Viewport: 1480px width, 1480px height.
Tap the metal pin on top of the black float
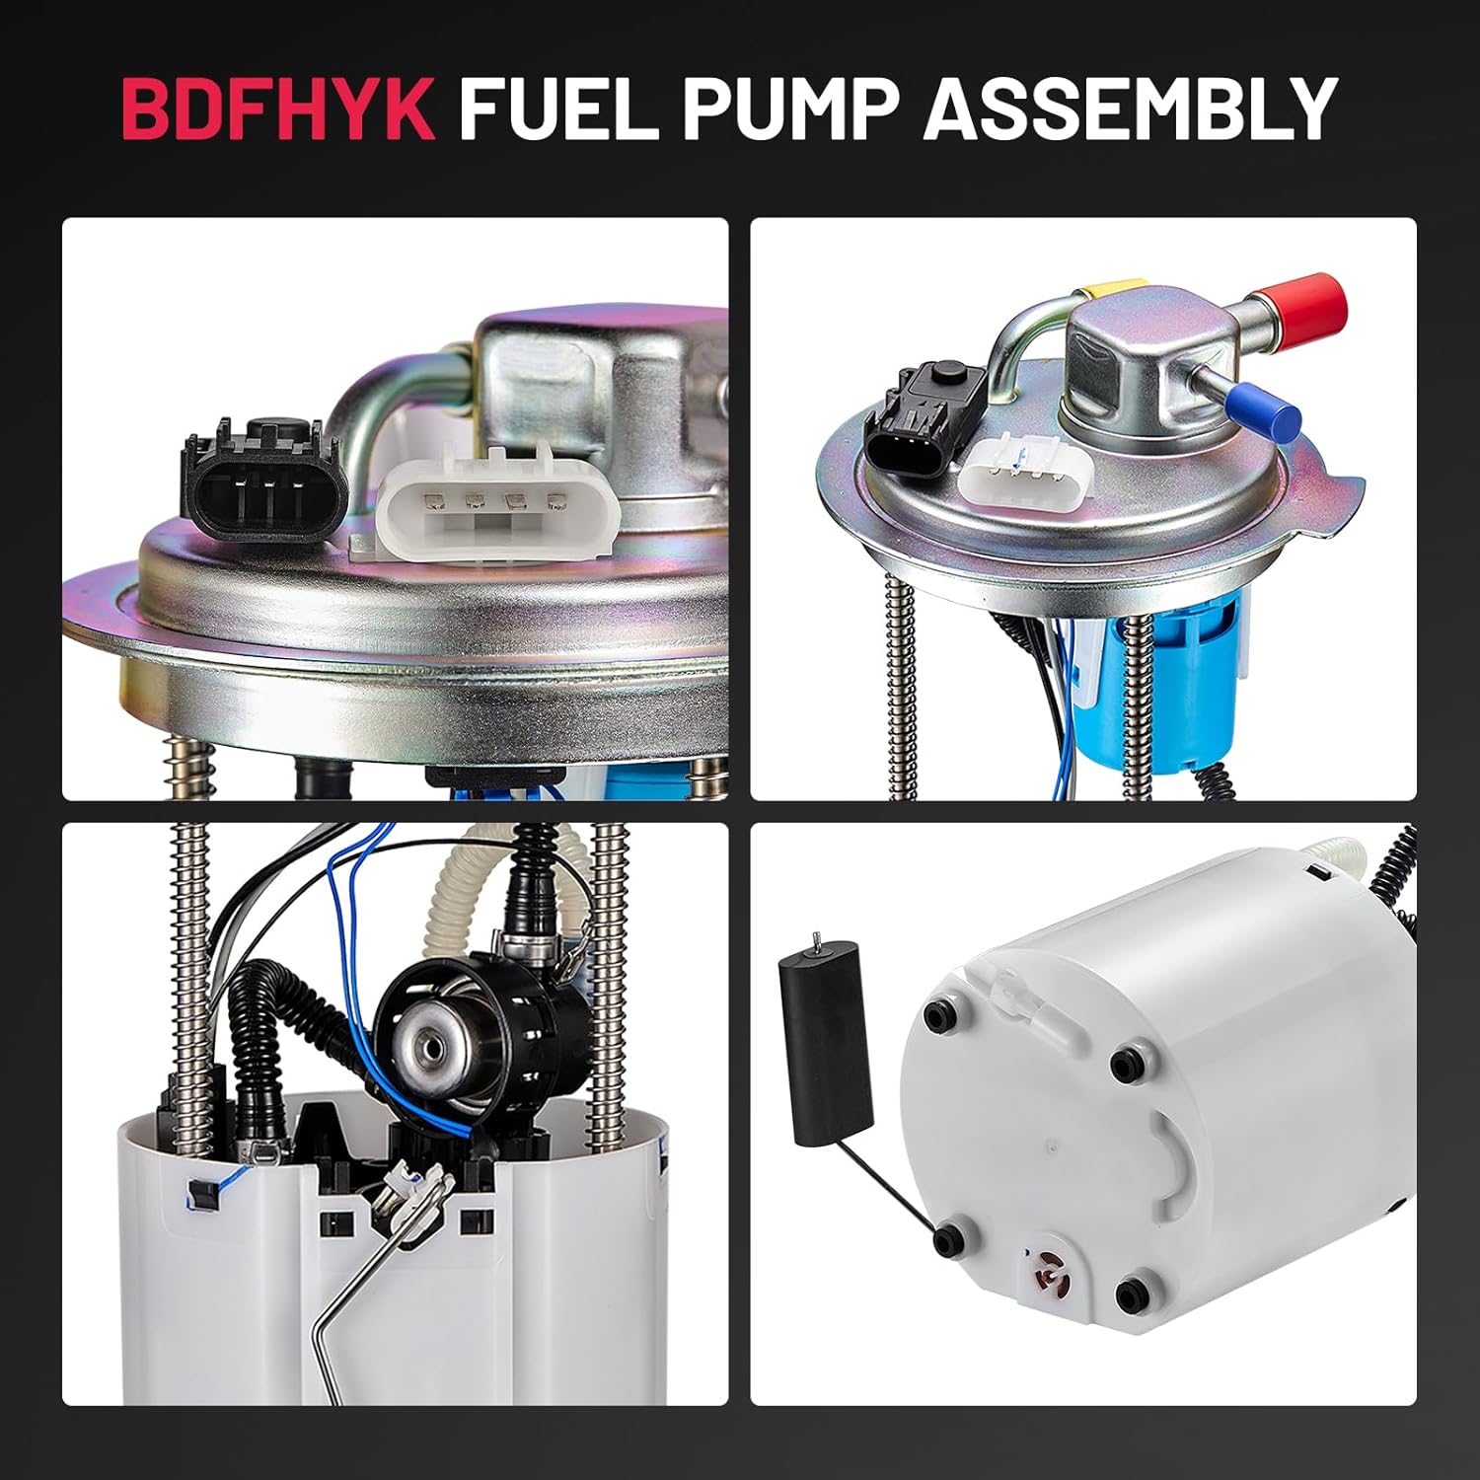tap(817, 941)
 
